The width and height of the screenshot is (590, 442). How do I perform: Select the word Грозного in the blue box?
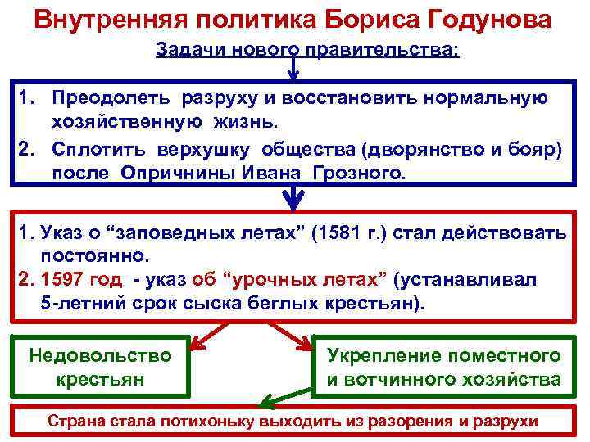click(x=361, y=174)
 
